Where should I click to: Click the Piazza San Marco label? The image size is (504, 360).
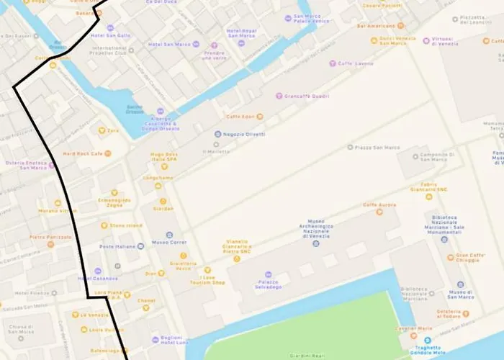[x=377, y=148]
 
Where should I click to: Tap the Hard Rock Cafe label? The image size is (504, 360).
[x=83, y=153]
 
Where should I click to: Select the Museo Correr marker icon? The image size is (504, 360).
[x=169, y=235]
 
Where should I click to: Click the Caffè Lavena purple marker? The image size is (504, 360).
[x=333, y=63]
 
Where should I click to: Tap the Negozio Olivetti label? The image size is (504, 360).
[x=244, y=134]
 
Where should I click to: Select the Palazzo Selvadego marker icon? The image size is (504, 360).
[x=269, y=274]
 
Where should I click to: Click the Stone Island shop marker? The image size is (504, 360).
[x=104, y=225]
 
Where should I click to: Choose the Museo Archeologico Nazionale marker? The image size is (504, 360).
[x=316, y=243]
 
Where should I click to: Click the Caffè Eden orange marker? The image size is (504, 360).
[x=259, y=116]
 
